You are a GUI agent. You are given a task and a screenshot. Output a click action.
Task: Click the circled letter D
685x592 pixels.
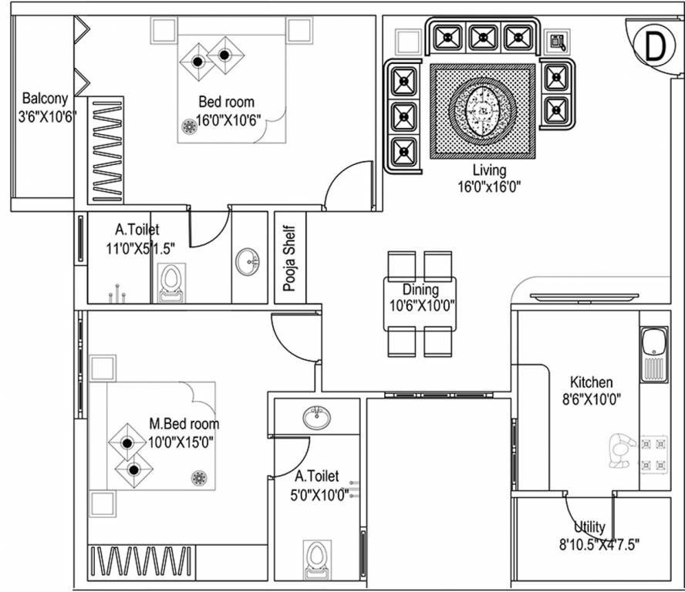click(x=653, y=47)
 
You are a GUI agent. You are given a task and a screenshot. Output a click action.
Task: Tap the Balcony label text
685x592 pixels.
click(x=45, y=99)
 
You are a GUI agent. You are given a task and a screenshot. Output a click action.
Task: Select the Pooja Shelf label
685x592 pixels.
click(x=290, y=258)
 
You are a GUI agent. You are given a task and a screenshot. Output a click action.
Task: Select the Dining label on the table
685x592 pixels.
click(x=420, y=290)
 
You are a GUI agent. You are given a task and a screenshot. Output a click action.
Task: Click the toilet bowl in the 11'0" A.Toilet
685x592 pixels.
click(x=171, y=282)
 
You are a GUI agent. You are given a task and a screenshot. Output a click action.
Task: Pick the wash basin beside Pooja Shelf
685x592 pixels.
click(x=249, y=261)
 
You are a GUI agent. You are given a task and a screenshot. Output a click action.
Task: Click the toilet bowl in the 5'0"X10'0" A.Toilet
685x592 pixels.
click(x=316, y=560)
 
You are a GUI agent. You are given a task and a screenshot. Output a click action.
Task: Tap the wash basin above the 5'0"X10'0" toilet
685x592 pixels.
click(x=316, y=417)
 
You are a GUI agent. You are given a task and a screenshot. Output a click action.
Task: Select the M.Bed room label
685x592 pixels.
click(x=184, y=423)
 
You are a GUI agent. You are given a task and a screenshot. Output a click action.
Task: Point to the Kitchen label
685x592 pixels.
click(x=591, y=382)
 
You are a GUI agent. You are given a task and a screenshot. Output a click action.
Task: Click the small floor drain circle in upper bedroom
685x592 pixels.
click(x=187, y=126)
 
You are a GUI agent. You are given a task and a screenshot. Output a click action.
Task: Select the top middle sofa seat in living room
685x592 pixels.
click(x=483, y=36)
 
